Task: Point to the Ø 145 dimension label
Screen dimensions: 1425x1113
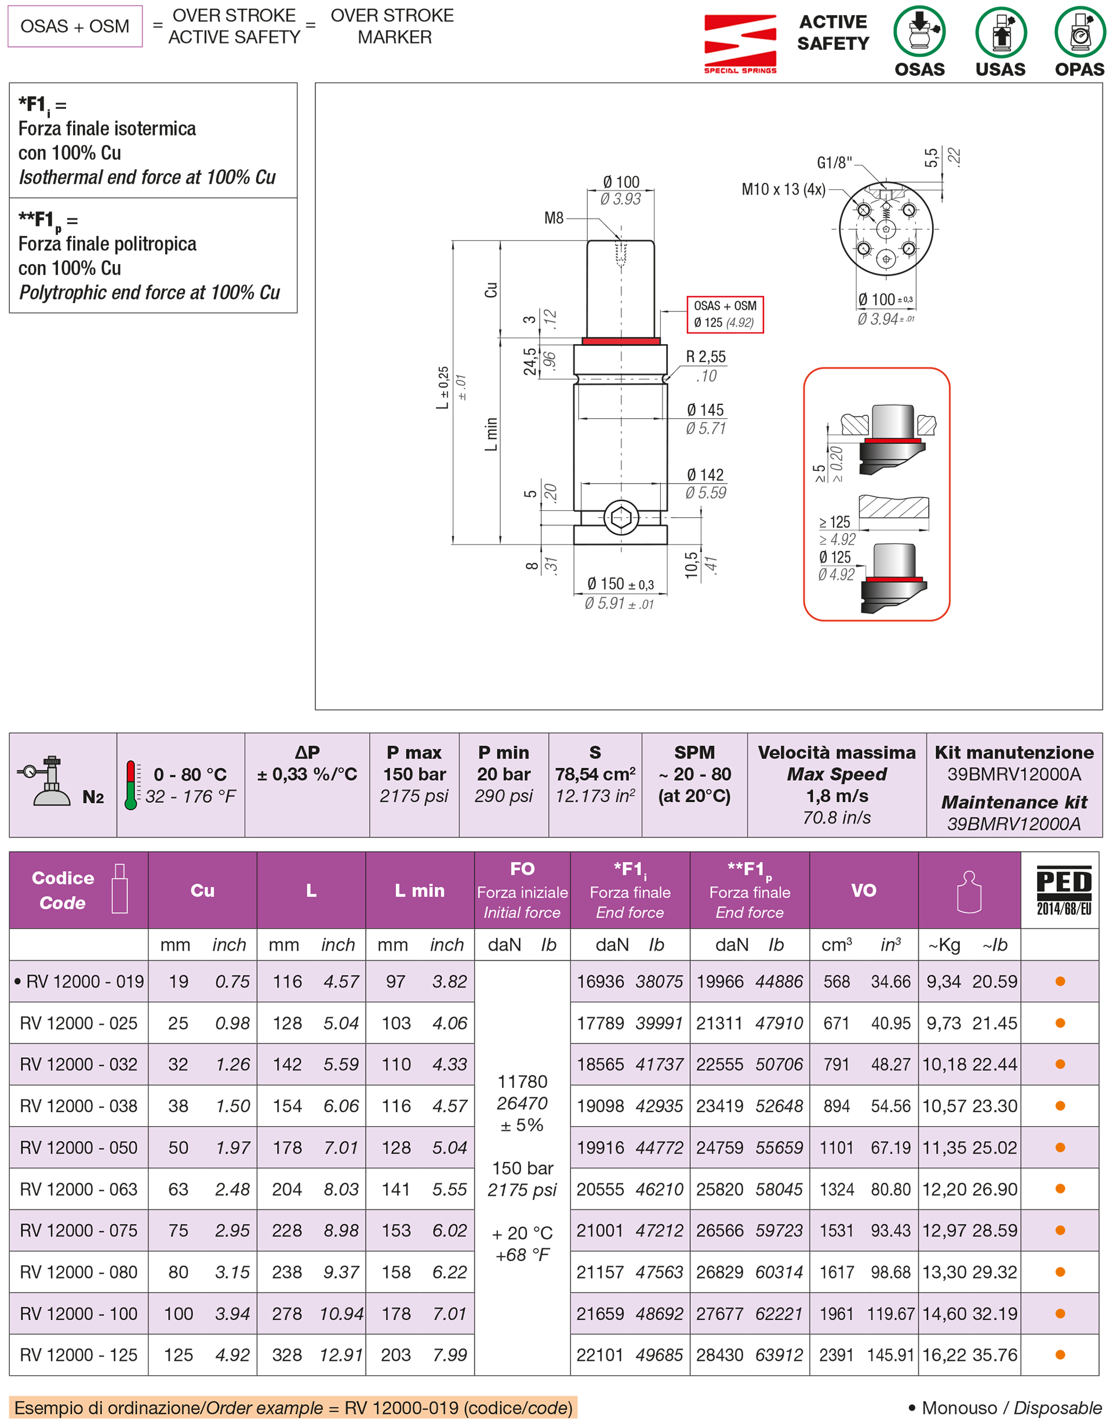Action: pyautogui.click(x=705, y=410)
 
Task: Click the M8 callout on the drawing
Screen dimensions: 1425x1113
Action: pyautogui.click(x=554, y=218)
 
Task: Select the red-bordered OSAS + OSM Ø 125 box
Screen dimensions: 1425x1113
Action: pyautogui.click(x=725, y=315)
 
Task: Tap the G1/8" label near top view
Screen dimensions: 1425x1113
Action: pyautogui.click(x=834, y=162)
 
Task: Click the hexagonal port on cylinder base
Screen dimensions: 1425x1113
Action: pyautogui.click(x=621, y=517)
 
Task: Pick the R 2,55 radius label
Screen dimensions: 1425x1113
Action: pyautogui.click(x=705, y=356)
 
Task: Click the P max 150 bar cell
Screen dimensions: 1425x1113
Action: pyautogui.click(x=414, y=774)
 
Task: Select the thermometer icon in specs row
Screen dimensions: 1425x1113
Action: pyautogui.click(x=131, y=784)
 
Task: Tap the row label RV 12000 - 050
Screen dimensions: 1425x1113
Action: pyautogui.click(x=78, y=1147)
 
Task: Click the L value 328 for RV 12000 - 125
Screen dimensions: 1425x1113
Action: pyautogui.click(x=287, y=1355)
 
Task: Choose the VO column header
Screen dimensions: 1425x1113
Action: pyautogui.click(x=863, y=890)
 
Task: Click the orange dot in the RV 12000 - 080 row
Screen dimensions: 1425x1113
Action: pyautogui.click(x=1060, y=1271)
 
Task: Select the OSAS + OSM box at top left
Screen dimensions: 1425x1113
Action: pyautogui.click(x=75, y=26)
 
